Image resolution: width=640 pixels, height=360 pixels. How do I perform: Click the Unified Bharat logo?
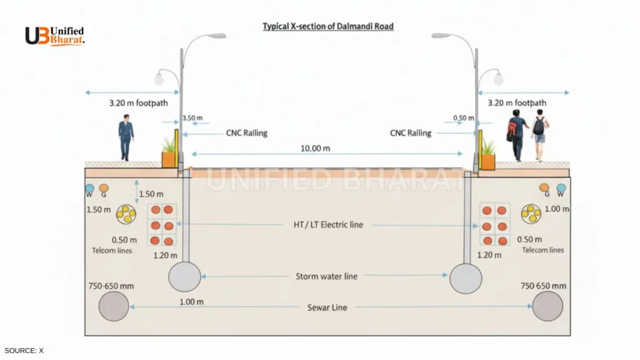tap(54, 36)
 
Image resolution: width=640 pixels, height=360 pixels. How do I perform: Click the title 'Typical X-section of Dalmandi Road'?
tap(327, 27)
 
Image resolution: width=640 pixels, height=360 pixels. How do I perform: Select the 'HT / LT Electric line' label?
tap(327, 224)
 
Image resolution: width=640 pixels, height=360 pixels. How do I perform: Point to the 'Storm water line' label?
tap(326, 276)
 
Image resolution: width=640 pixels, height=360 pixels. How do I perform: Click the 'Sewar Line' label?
tap(327, 307)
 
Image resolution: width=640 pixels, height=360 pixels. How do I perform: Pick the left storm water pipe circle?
tap(184, 277)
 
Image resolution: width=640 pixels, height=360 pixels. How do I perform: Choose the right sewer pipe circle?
tap(548, 306)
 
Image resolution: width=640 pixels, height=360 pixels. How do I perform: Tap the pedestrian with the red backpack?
tap(516, 134)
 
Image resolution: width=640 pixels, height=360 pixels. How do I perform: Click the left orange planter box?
tap(169, 159)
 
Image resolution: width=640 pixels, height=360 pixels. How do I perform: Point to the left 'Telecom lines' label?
tap(112, 251)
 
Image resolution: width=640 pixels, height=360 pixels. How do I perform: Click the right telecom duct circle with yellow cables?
tap(532, 214)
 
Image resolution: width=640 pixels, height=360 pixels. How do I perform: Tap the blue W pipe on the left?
tap(89, 188)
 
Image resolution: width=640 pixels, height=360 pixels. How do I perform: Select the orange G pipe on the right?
tap(544, 187)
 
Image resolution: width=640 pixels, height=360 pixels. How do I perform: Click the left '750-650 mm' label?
tap(111, 286)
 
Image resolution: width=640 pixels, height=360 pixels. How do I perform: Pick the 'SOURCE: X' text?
tap(24, 351)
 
